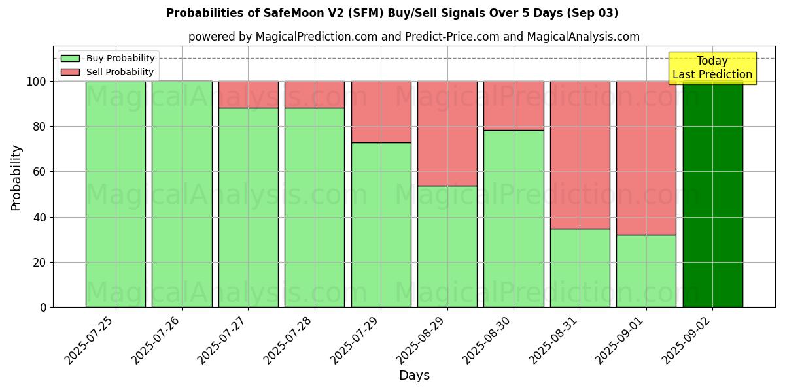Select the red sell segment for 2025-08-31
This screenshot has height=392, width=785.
click(x=580, y=155)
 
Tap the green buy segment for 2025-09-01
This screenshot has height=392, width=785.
click(x=646, y=270)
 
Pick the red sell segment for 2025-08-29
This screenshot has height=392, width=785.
click(x=447, y=133)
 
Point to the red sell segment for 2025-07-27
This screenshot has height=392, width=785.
click(x=249, y=95)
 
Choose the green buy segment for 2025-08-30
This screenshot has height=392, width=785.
click(x=514, y=218)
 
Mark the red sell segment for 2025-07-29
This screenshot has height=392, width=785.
click(x=381, y=112)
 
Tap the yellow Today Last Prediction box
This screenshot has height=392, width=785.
click(x=712, y=68)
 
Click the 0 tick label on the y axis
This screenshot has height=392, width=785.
click(x=43, y=307)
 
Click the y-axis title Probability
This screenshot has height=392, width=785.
click(x=16, y=177)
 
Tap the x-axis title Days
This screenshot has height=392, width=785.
click(x=414, y=376)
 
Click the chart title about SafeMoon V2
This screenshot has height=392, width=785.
click(x=392, y=13)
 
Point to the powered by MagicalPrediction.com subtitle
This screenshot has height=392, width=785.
click(x=413, y=37)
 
